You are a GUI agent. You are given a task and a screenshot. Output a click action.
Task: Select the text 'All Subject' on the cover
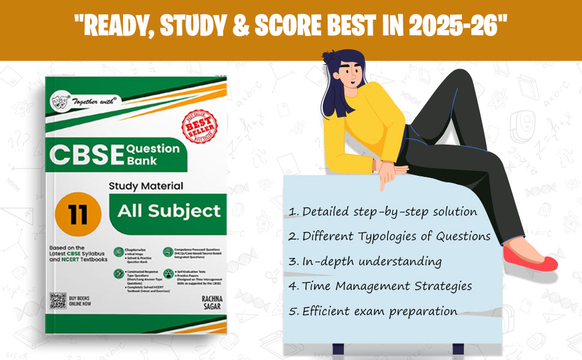(x=169, y=211)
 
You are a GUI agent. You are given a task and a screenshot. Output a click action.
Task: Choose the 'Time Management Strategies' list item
(x=379, y=286)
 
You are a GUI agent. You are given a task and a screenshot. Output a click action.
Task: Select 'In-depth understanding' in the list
(x=365, y=262)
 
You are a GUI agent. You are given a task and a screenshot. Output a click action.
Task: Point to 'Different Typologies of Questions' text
(x=389, y=236)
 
